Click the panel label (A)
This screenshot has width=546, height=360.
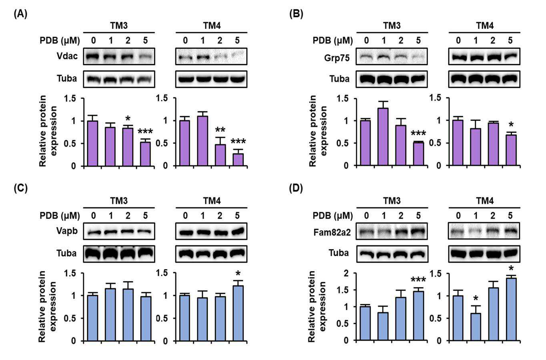[x=20, y=14]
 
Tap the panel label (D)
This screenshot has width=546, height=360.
[x=296, y=188]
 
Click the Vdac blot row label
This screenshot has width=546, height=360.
[x=67, y=56]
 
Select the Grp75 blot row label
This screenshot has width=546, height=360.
[x=337, y=58]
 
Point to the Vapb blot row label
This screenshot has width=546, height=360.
[x=67, y=231]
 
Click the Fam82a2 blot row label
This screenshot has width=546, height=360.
[x=332, y=232]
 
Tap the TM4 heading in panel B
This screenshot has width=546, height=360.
[x=485, y=26]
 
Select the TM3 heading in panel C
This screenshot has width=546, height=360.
[x=119, y=201]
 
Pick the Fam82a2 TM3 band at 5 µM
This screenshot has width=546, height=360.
[x=418, y=231]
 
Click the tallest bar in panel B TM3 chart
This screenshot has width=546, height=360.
[x=383, y=137]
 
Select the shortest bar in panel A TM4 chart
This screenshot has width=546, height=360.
[x=238, y=159]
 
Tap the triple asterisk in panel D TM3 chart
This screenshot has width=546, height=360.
[x=418, y=280]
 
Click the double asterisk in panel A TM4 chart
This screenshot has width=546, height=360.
[x=220, y=130]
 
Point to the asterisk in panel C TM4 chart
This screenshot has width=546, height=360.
[x=238, y=274]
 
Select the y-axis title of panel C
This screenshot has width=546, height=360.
[x=48, y=307]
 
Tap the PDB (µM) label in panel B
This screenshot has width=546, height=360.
[x=333, y=41]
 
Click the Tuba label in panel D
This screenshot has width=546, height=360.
[x=339, y=253]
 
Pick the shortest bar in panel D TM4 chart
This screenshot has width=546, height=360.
[x=475, y=327]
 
